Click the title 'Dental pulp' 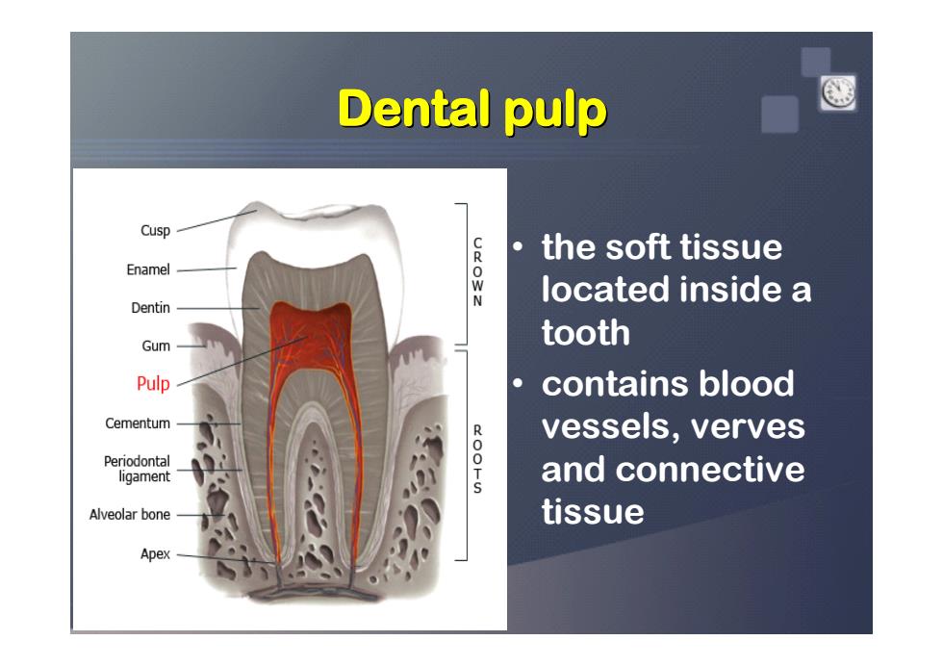(472, 110)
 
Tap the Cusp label (155, 230)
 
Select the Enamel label (148, 269)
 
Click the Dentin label (150, 308)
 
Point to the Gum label (156, 346)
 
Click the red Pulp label (153, 384)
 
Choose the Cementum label (137, 423)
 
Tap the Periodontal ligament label (137, 469)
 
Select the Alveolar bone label (129, 514)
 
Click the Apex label (155, 554)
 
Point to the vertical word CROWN (477, 272)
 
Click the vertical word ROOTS (477, 459)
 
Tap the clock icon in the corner (838, 92)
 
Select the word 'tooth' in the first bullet (586, 333)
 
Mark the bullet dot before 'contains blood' (519, 383)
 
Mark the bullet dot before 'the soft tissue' (519, 246)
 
